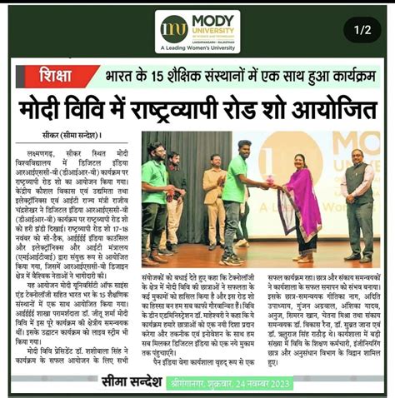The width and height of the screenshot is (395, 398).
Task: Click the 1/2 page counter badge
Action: click(362, 30)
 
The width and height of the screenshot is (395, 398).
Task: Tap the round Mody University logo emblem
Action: click(174, 28)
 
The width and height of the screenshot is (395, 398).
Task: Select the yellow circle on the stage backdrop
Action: click(287, 158)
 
